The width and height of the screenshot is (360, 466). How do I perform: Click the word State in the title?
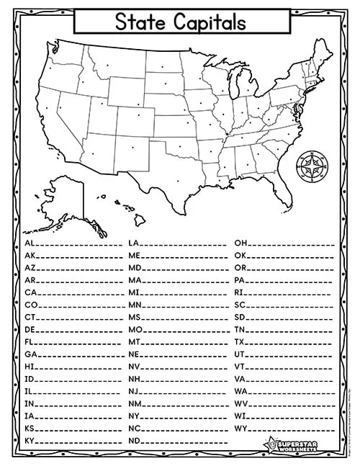coord(138,24)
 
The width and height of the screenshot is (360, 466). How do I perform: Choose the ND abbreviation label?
coord(135,440)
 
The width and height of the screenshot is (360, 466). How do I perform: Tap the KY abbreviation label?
coord(30,440)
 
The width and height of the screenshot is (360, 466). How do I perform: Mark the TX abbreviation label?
coord(240,341)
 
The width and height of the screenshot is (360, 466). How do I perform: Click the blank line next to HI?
coord(79,368)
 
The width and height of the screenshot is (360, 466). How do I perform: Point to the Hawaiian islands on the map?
coord(122,202)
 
